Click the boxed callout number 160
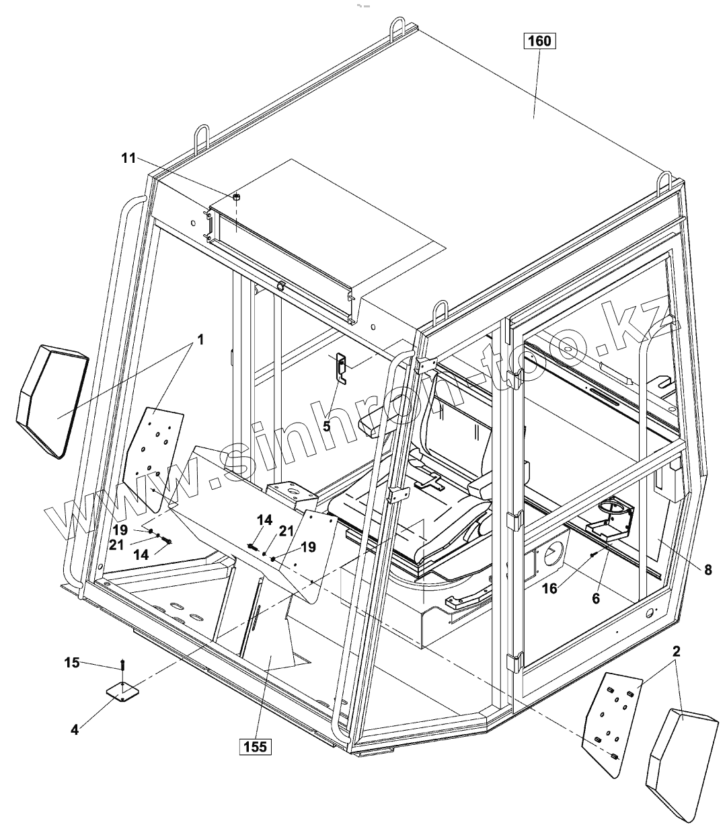click(539, 41)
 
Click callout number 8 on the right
click(707, 570)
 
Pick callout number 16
click(549, 589)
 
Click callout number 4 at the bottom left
click(75, 728)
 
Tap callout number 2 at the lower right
click(677, 651)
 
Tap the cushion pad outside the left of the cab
click(52, 400)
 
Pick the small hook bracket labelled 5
click(342, 369)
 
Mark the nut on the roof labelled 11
click(237, 197)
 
